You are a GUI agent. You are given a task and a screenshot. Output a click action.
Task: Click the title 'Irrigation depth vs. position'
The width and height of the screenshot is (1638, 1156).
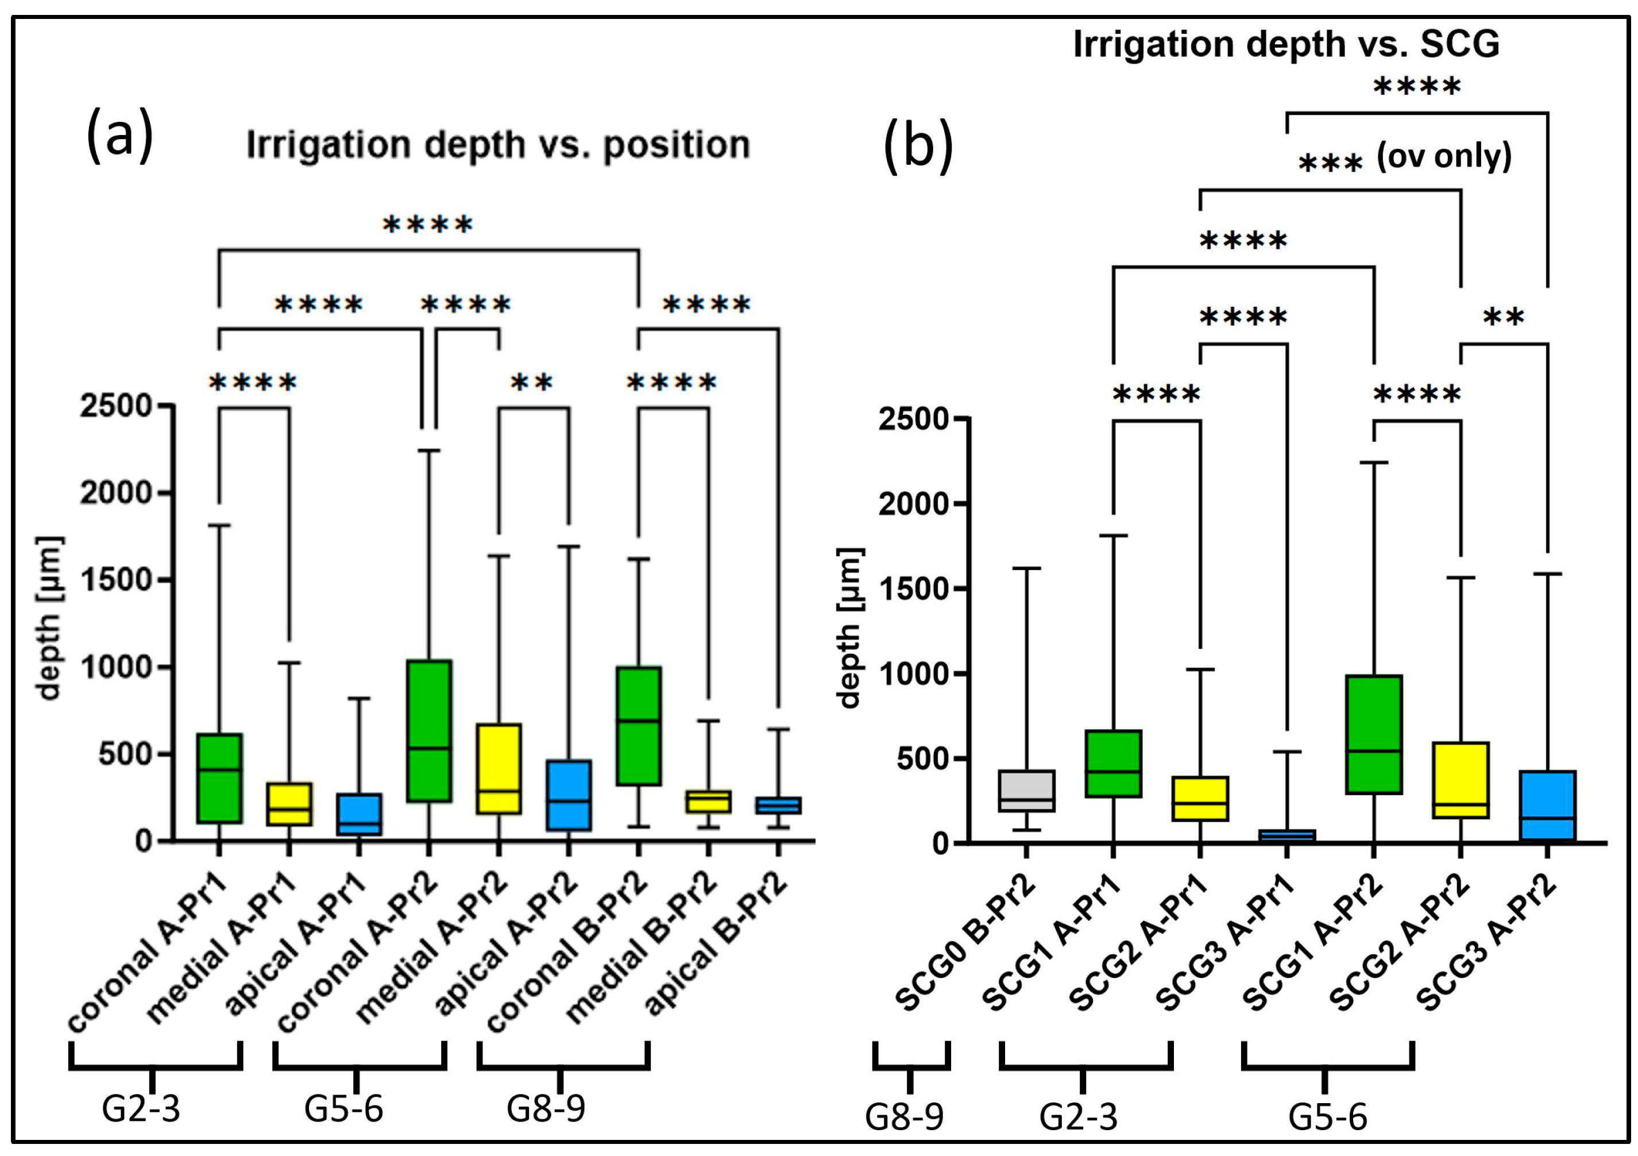pos(498,145)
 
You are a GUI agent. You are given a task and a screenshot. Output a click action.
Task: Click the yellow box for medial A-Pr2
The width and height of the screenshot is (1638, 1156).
pos(499,769)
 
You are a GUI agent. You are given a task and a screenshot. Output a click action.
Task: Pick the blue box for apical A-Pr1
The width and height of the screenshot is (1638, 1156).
pos(359,814)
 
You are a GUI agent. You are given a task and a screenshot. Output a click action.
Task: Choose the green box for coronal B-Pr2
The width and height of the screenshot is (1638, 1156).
pos(639,726)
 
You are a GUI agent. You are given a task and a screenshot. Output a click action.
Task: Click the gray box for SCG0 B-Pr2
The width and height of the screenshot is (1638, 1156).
pos(1026,791)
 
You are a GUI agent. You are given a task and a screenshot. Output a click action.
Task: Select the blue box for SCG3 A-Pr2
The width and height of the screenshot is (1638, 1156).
pos(1547,805)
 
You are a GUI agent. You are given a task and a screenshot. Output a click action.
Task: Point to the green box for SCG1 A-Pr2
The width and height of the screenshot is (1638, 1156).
pos(1374,734)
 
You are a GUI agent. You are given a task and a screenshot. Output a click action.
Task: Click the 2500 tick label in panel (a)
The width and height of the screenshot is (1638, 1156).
pos(116,406)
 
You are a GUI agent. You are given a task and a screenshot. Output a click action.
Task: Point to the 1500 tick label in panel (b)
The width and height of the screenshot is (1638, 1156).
pos(914,589)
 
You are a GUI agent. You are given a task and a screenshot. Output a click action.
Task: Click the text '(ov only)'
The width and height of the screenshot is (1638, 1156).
pos(1444,156)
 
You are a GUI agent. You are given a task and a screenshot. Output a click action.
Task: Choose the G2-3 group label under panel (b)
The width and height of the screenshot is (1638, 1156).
pos(1078,1118)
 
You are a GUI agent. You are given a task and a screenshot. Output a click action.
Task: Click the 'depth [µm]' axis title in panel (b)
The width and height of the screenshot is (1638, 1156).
pos(849,628)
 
